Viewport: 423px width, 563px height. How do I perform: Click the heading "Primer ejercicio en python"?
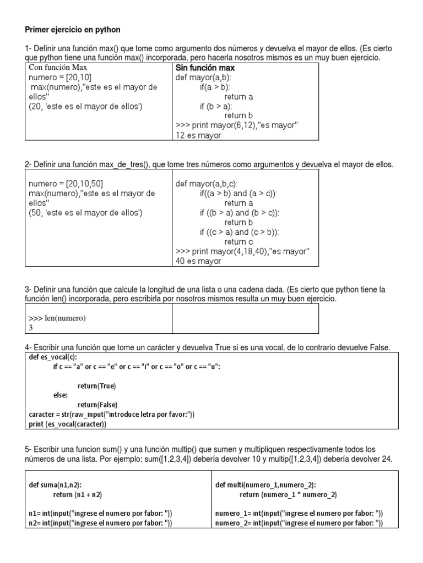(73, 29)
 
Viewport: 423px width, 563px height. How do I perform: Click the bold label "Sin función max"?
(205, 68)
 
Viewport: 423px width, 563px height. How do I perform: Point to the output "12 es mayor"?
(198, 135)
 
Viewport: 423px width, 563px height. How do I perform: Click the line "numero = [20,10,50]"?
(66, 184)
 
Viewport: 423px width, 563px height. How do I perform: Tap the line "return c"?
(239, 241)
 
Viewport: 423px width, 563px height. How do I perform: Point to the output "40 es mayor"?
(198, 261)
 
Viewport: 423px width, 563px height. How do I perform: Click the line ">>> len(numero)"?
(57, 318)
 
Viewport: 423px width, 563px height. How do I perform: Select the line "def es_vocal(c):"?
(53, 357)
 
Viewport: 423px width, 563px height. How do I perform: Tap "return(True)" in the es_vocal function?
(96, 385)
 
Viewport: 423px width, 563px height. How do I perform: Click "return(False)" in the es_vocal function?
(97, 405)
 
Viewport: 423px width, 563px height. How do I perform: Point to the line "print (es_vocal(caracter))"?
(67, 424)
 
